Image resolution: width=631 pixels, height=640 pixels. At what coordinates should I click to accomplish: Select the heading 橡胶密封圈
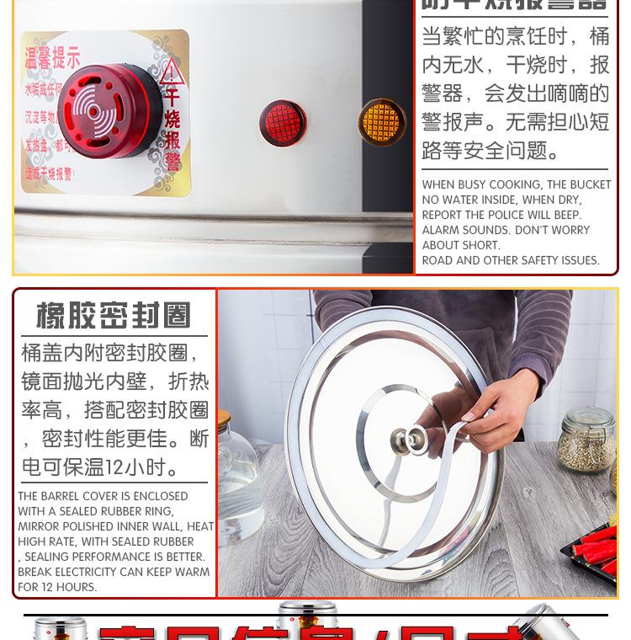click(114, 316)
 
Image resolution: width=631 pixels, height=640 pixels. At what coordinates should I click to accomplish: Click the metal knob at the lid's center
click(406, 439)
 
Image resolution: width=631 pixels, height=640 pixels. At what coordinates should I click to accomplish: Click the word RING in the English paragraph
click(159, 511)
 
